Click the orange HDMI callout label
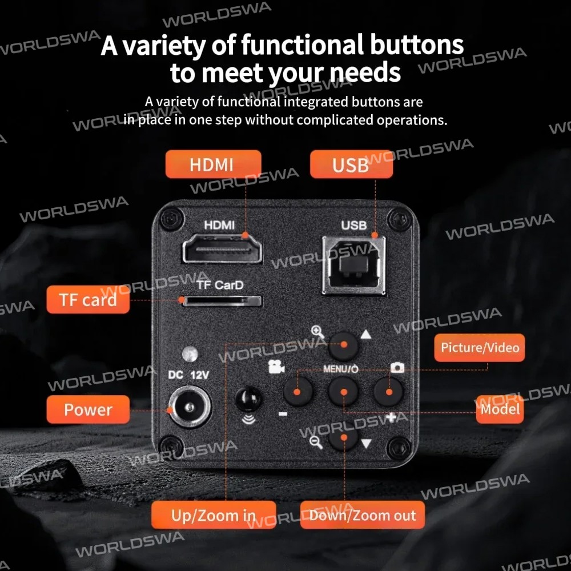[x=213, y=164]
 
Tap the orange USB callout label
[x=351, y=164]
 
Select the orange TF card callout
[x=88, y=300]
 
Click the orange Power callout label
[x=88, y=409]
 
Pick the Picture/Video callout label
[x=480, y=347]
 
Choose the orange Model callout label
[x=500, y=409]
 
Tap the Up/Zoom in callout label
[x=214, y=515]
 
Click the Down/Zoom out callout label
[x=363, y=515]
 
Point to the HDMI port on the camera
[x=222, y=249]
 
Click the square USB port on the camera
[x=354, y=266]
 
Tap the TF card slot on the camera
[x=222, y=301]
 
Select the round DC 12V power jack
[x=190, y=407]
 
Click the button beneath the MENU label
[x=343, y=392]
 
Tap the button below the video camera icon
[x=298, y=392]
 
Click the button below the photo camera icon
[x=388, y=392]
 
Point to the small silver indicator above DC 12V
[x=190, y=353]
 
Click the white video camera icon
[x=276, y=367]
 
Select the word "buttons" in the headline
[x=417, y=45]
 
